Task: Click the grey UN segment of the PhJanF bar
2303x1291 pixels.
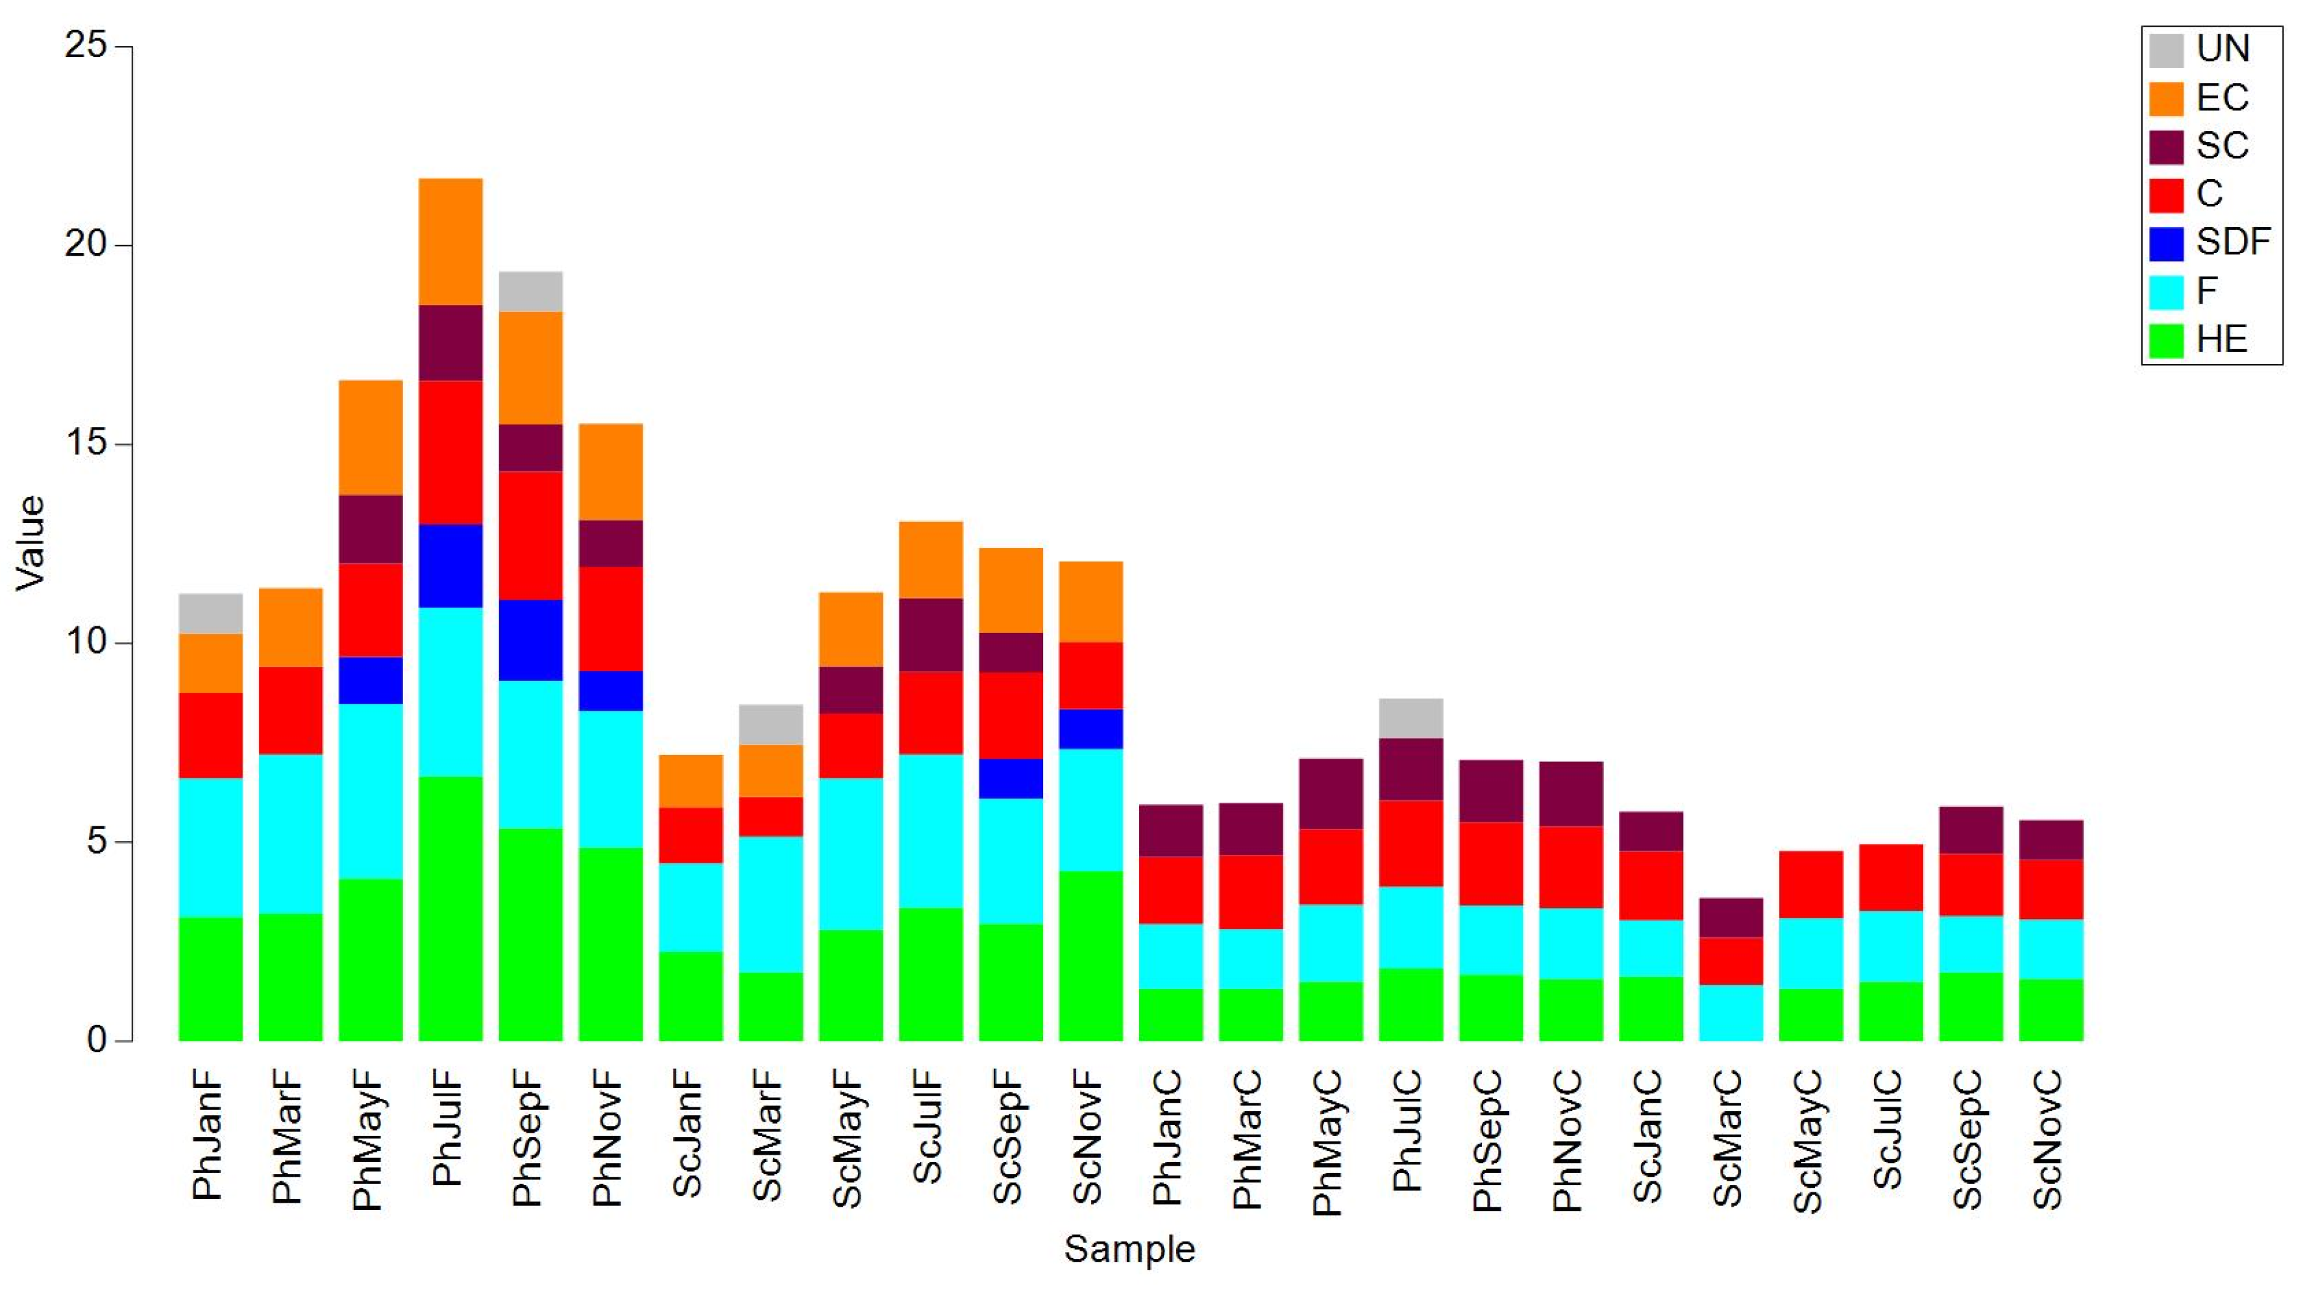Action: [x=210, y=613]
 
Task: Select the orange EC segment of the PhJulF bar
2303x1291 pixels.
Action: [x=450, y=241]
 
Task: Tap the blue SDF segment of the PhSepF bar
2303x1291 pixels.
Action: [x=530, y=640]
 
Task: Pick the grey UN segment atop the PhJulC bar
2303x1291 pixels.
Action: [x=1410, y=718]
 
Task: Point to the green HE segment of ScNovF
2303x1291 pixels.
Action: [x=1090, y=955]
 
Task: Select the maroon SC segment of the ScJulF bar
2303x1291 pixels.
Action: [x=931, y=635]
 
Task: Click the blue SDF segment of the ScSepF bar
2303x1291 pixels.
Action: [x=1010, y=778]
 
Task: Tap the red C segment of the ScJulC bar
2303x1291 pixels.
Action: [x=1891, y=877]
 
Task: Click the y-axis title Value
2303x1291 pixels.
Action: [x=31, y=543]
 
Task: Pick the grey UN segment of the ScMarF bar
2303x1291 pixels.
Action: [x=770, y=724]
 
